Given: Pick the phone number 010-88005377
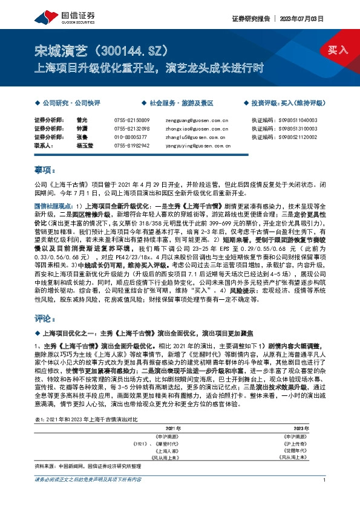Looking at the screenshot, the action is (131, 137).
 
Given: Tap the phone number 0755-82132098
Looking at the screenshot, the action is (132, 129).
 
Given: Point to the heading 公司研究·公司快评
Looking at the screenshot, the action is (66, 103).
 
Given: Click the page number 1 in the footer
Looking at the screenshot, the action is (325, 497).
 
